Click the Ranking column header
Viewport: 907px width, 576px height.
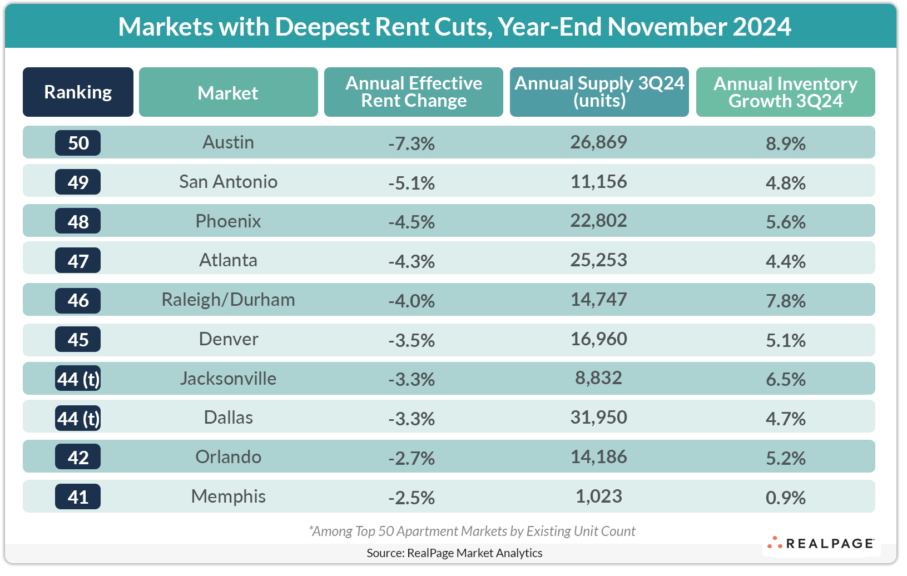point(78,92)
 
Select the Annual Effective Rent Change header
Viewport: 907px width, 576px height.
point(413,92)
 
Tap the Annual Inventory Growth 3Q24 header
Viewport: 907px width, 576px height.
point(785,92)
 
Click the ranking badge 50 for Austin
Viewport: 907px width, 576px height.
point(78,143)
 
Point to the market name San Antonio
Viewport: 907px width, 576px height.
point(228,182)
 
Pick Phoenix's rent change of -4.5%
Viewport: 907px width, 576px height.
point(412,222)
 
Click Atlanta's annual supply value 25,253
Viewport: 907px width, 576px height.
point(598,260)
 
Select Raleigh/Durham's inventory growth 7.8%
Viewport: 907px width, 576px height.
point(785,301)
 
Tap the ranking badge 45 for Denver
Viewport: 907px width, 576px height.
point(78,340)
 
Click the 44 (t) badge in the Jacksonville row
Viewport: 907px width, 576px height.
point(78,379)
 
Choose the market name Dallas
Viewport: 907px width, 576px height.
point(228,418)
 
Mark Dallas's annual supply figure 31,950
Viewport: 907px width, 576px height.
point(598,418)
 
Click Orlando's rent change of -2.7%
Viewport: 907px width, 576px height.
point(412,458)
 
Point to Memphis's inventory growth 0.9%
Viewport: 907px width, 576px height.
point(785,498)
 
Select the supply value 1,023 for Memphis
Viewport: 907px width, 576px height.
point(598,496)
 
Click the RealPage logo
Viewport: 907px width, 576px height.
point(821,543)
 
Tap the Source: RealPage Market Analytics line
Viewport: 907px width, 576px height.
point(454,553)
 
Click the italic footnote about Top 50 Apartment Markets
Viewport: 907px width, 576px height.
point(472,532)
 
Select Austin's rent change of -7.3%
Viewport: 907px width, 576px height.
point(412,143)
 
